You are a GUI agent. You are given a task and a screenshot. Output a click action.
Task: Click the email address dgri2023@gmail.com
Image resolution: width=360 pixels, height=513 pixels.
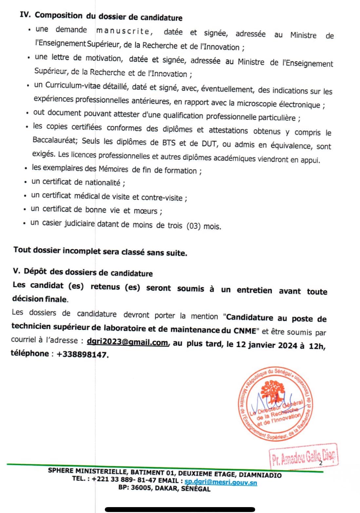(x=127, y=342)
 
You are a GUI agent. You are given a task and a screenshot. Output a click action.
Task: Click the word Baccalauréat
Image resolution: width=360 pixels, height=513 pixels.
(x=55, y=140)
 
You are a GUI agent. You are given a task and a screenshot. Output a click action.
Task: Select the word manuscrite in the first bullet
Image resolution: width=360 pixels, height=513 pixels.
(x=123, y=31)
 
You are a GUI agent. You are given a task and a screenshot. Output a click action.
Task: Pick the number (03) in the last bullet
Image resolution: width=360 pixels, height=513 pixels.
(x=193, y=226)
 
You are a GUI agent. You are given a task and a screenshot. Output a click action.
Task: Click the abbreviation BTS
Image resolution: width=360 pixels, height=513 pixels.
(x=169, y=143)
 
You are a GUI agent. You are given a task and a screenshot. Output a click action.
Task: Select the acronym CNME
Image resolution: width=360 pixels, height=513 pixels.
(x=245, y=331)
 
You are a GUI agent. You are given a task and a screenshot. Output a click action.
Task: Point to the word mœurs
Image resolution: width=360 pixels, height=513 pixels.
(x=145, y=211)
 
